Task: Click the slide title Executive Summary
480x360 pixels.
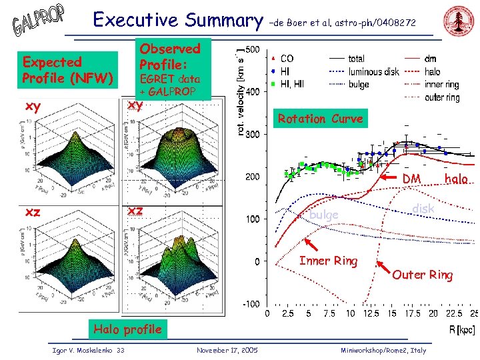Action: [x=178, y=20]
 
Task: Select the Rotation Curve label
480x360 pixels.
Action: [x=320, y=119]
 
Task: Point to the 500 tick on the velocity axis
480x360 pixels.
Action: [x=253, y=50]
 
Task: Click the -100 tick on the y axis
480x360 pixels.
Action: [x=251, y=304]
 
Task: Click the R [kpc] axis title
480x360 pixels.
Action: [x=461, y=328]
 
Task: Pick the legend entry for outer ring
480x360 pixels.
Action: [x=442, y=97]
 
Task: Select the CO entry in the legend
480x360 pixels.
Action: [x=287, y=59]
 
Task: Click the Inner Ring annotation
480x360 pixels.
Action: [x=328, y=261]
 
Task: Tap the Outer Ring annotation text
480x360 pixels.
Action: [x=422, y=275]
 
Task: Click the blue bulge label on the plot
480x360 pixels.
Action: [x=324, y=215]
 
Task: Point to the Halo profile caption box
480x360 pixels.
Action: [x=127, y=329]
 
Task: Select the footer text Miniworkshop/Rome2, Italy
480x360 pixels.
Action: [x=383, y=350]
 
